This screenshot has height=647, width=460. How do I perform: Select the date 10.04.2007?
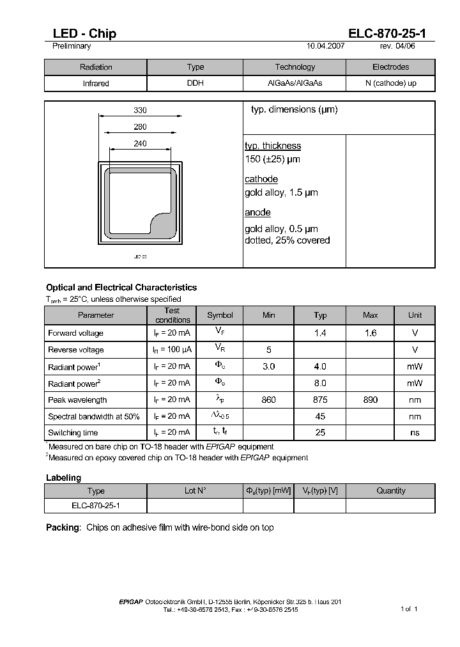[x=326, y=46]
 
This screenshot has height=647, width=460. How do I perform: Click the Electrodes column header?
[x=390, y=67]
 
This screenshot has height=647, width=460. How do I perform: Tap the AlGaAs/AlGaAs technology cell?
[x=295, y=84]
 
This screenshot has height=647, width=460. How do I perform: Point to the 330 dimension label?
[x=140, y=111]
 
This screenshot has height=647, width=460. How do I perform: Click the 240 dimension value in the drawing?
[x=140, y=144]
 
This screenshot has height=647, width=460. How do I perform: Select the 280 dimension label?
[x=140, y=127]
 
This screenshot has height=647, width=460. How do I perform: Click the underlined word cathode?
[x=261, y=180]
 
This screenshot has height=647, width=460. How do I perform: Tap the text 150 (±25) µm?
[x=272, y=159]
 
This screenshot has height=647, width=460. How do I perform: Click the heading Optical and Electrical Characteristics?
[x=121, y=288]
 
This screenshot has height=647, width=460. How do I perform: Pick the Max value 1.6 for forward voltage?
[x=371, y=333]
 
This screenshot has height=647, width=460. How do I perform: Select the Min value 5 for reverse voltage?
[x=269, y=350]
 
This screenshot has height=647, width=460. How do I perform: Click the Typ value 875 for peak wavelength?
[x=320, y=400]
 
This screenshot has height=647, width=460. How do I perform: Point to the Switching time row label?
[x=73, y=433]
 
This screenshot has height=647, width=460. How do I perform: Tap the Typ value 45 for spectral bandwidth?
[x=320, y=416]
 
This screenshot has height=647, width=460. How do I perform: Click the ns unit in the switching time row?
[x=415, y=433]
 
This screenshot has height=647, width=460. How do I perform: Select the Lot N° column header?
[x=195, y=491]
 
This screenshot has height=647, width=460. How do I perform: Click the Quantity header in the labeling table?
[x=390, y=491]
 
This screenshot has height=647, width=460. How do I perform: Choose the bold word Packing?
[x=63, y=527]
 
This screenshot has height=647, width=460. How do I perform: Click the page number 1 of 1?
[x=409, y=609]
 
